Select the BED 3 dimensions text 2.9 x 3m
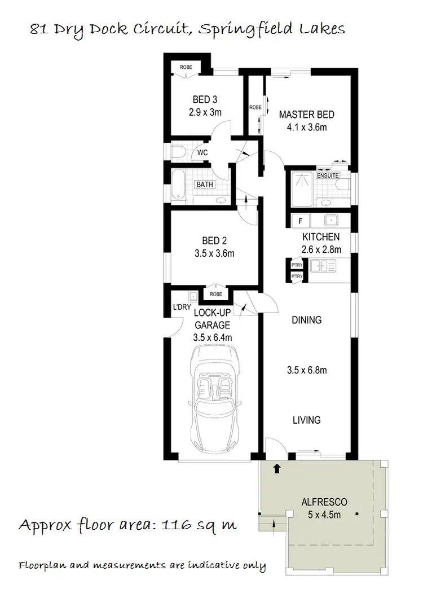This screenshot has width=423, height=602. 205,112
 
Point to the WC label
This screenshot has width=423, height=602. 202,152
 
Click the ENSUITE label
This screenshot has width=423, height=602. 328,175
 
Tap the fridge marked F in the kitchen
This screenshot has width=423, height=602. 301,219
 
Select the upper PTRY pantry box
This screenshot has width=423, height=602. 297,265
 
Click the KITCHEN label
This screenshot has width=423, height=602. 321,237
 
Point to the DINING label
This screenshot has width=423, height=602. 307,320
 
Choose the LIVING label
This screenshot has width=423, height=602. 307,420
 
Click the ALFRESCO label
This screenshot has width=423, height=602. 324,502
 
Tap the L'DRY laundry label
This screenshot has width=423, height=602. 182,307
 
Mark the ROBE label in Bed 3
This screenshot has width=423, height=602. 186,68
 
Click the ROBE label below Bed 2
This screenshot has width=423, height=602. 216,294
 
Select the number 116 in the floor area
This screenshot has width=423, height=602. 176,526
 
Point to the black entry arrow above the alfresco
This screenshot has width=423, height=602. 276,468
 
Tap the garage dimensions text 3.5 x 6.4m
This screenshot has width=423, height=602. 213,337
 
